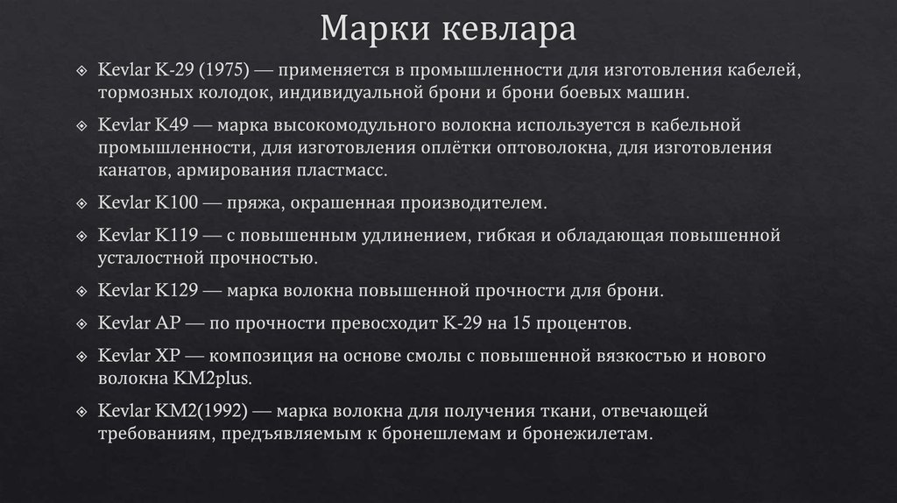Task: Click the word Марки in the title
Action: pyautogui.click(x=367, y=30)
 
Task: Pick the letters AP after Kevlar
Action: pyautogui.click(x=167, y=322)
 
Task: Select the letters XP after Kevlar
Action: pyautogui.click(x=167, y=356)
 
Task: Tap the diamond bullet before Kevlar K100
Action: pyautogui.click(x=81, y=203)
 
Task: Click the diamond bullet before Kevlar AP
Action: pyautogui.click(x=81, y=323)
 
